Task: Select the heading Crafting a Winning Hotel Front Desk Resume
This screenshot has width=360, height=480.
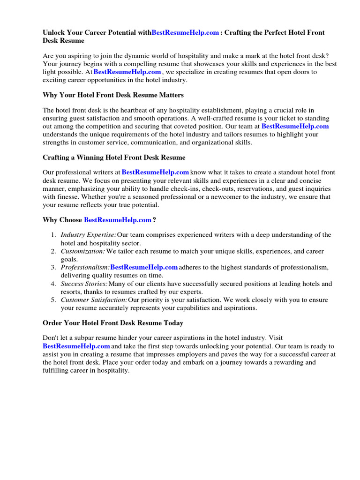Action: pyautogui.click(x=114, y=157)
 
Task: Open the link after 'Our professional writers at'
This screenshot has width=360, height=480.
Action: pyautogui.click(x=155, y=172)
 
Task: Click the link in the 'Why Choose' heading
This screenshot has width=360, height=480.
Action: pyautogui.click(x=117, y=219)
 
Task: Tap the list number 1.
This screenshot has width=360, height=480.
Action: pyautogui.click(x=54, y=235)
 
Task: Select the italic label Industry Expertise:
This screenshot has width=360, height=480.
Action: pyautogui.click(x=88, y=235)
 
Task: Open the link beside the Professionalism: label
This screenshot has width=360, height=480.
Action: pyautogui.click(x=144, y=267)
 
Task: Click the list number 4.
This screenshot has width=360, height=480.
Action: pyautogui.click(x=54, y=284)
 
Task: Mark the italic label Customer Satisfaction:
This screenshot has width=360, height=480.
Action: pyautogui.click(x=94, y=300)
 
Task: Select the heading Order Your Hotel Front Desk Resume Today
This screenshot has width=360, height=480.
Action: pyautogui.click(x=113, y=323)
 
